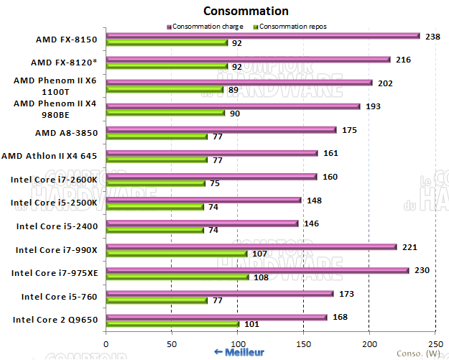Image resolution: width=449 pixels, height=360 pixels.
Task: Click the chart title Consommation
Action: [246, 11]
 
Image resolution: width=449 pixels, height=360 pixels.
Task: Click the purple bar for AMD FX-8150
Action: [262, 35]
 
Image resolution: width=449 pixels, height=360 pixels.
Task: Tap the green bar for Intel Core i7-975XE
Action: [177, 277]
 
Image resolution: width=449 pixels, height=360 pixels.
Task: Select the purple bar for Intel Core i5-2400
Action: [201, 223]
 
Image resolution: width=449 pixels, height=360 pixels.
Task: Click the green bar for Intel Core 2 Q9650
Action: [172, 323]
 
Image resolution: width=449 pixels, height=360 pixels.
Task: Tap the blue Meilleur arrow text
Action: [239, 352]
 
